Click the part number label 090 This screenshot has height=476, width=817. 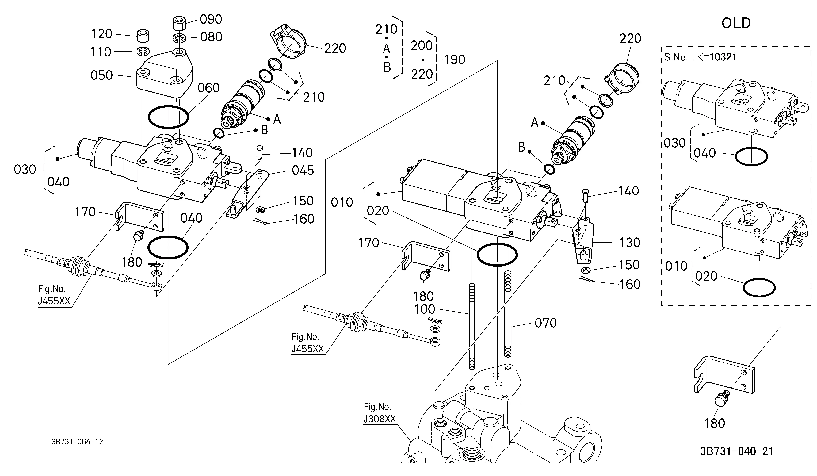211,19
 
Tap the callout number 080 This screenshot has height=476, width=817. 211,37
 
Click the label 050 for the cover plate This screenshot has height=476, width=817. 101,75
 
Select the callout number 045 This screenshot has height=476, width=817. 303,171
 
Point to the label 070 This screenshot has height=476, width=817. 546,323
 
